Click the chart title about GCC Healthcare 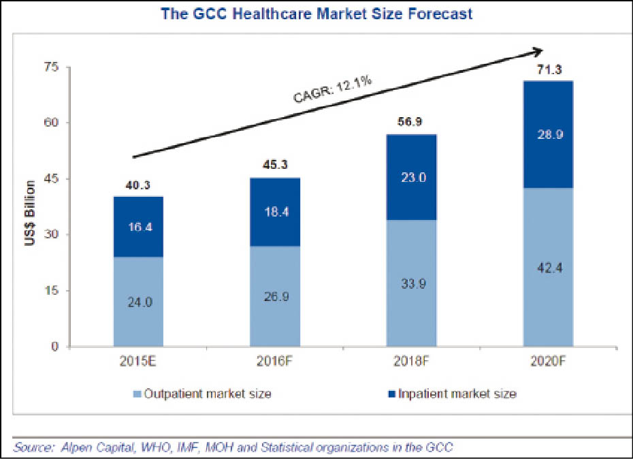click(316, 13)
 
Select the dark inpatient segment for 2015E click(138, 227)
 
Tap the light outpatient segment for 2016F click(275, 296)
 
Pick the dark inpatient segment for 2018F click(412, 177)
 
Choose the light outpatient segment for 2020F click(549, 267)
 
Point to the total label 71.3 click(549, 69)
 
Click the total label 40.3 click(138, 185)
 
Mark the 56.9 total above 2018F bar click(412, 123)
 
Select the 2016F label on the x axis click(275, 361)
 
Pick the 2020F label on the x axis click(549, 361)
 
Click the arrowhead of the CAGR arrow click(538, 50)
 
